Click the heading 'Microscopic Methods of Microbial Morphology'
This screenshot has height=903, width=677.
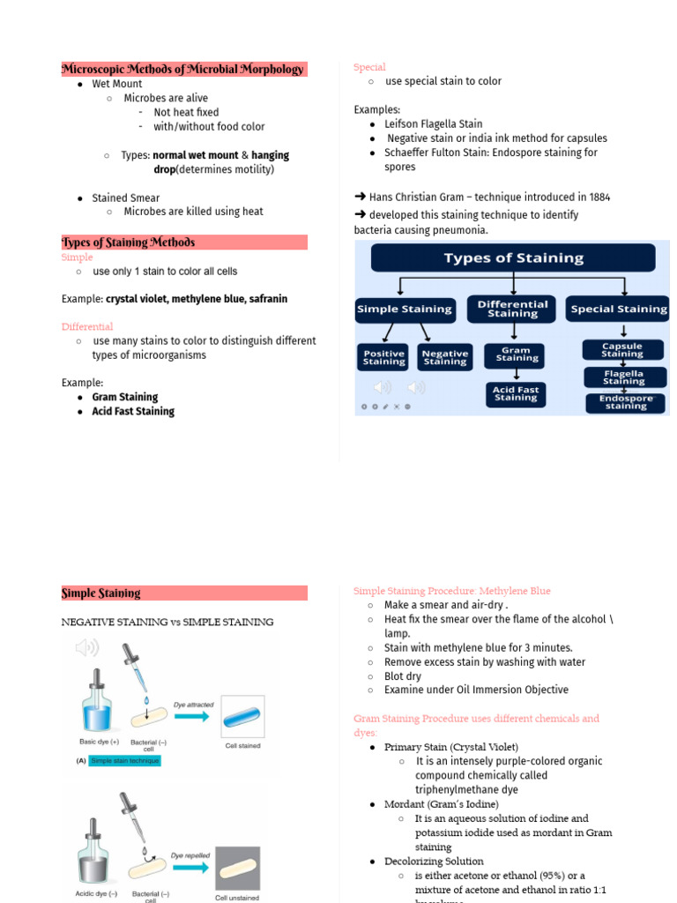point(182,69)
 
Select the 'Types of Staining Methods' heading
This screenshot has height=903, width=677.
point(129,243)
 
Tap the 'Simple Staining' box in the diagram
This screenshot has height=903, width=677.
point(404,310)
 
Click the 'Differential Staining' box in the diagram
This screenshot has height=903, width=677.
point(511,309)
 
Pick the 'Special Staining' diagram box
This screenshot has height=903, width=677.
point(619,310)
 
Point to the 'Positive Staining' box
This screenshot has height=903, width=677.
point(384,357)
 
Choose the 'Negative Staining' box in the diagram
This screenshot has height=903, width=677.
point(444,357)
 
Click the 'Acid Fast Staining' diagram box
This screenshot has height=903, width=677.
point(516,393)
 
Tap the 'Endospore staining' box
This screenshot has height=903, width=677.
point(626,403)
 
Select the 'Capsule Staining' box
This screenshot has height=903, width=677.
point(622,350)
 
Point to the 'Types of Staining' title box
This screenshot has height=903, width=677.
point(513,258)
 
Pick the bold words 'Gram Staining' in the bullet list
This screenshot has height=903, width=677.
point(125,398)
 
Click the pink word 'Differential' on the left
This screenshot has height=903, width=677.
point(87,327)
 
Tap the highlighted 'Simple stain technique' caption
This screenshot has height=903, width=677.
point(125,761)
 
